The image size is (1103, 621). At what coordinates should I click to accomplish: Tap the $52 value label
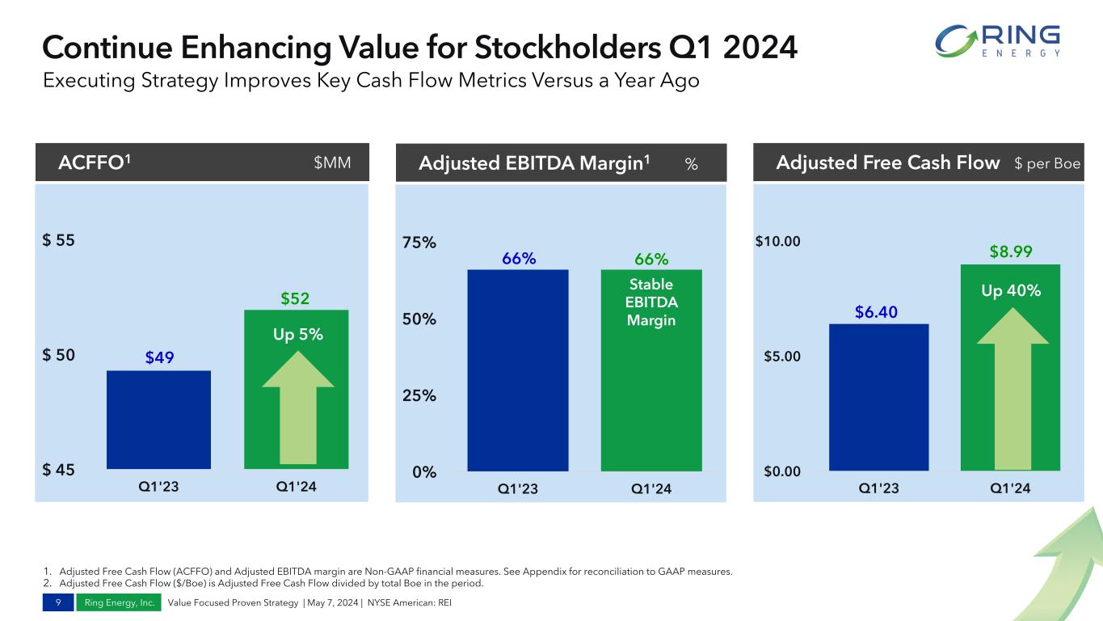tap(295, 299)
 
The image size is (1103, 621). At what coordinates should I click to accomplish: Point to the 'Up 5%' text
tap(297, 333)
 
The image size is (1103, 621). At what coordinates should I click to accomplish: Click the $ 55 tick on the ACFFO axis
tap(58, 240)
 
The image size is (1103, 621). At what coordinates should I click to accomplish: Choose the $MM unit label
tap(332, 163)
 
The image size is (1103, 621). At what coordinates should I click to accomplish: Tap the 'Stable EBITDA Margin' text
tap(651, 302)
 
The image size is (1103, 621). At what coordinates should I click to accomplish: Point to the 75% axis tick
tap(420, 243)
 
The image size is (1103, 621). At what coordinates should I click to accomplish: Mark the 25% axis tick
tap(420, 395)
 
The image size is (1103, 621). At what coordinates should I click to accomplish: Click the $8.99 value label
tap(1010, 252)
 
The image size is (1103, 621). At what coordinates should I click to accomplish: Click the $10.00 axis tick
tap(778, 241)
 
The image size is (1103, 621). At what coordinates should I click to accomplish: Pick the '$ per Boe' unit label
tap(1047, 163)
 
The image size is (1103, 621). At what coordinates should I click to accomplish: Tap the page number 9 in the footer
tap(57, 602)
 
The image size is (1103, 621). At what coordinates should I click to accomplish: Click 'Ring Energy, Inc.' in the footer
tap(120, 602)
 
